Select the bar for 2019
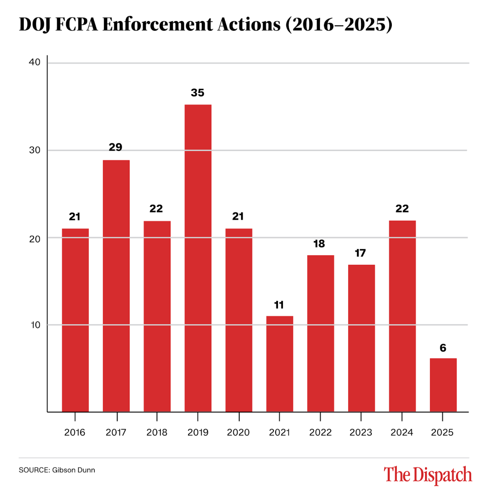tap(198, 258)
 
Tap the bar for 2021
tap(280, 364)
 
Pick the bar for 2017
tap(116, 285)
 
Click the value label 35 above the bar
tap(197, 93)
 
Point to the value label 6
tap(443, 348)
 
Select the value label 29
tap(116, 147)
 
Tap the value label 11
tap(279, 305)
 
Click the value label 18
tap(319, 244)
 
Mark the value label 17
tap(360, 253)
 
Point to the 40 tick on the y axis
tap(35, 63)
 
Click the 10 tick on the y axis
tap(35, 325)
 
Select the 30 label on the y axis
tap(35, 150)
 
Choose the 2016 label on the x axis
tap(75, 433)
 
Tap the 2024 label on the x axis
tap(402, 433)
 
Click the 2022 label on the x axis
tap(320, 433)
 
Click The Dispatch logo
tap(428, 475)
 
